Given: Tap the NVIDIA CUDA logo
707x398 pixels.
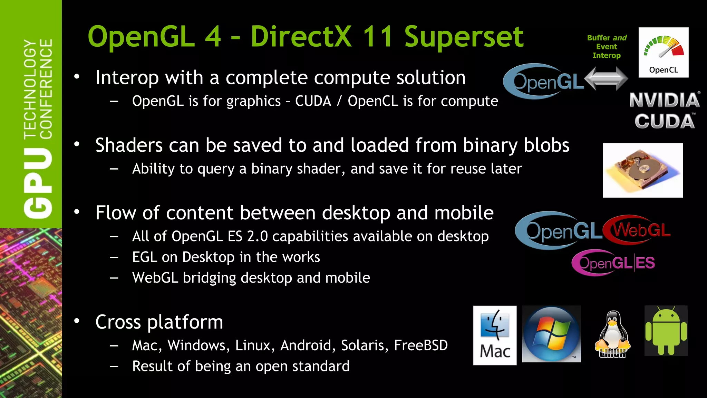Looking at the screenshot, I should [x=665, y=111].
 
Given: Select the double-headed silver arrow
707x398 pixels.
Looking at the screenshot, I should [x=606, y=78].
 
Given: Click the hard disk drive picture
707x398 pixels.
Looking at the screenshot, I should [x=642, y=170].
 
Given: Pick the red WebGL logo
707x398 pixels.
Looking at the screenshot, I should [x=637, y=229].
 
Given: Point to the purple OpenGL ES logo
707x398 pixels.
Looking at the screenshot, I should [x=613, y=263].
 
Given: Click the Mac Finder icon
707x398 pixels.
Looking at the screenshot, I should [x=495, y=335].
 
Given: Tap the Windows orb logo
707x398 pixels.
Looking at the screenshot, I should [x=551, y=334].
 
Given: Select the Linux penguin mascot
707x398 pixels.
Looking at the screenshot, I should [x=612, y=334].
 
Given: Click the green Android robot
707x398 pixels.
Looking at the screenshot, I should [x=666, y=331].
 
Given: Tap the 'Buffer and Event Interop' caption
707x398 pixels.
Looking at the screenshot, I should [x=607, y=47].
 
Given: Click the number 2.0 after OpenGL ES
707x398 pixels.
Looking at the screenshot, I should [x=257, y=236].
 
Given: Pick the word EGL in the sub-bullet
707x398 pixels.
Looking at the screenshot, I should [x=144, y=257].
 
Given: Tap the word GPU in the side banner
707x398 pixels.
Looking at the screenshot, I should [x=38, y=183].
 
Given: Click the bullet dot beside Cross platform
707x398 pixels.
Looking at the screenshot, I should [x=77, y=321].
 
